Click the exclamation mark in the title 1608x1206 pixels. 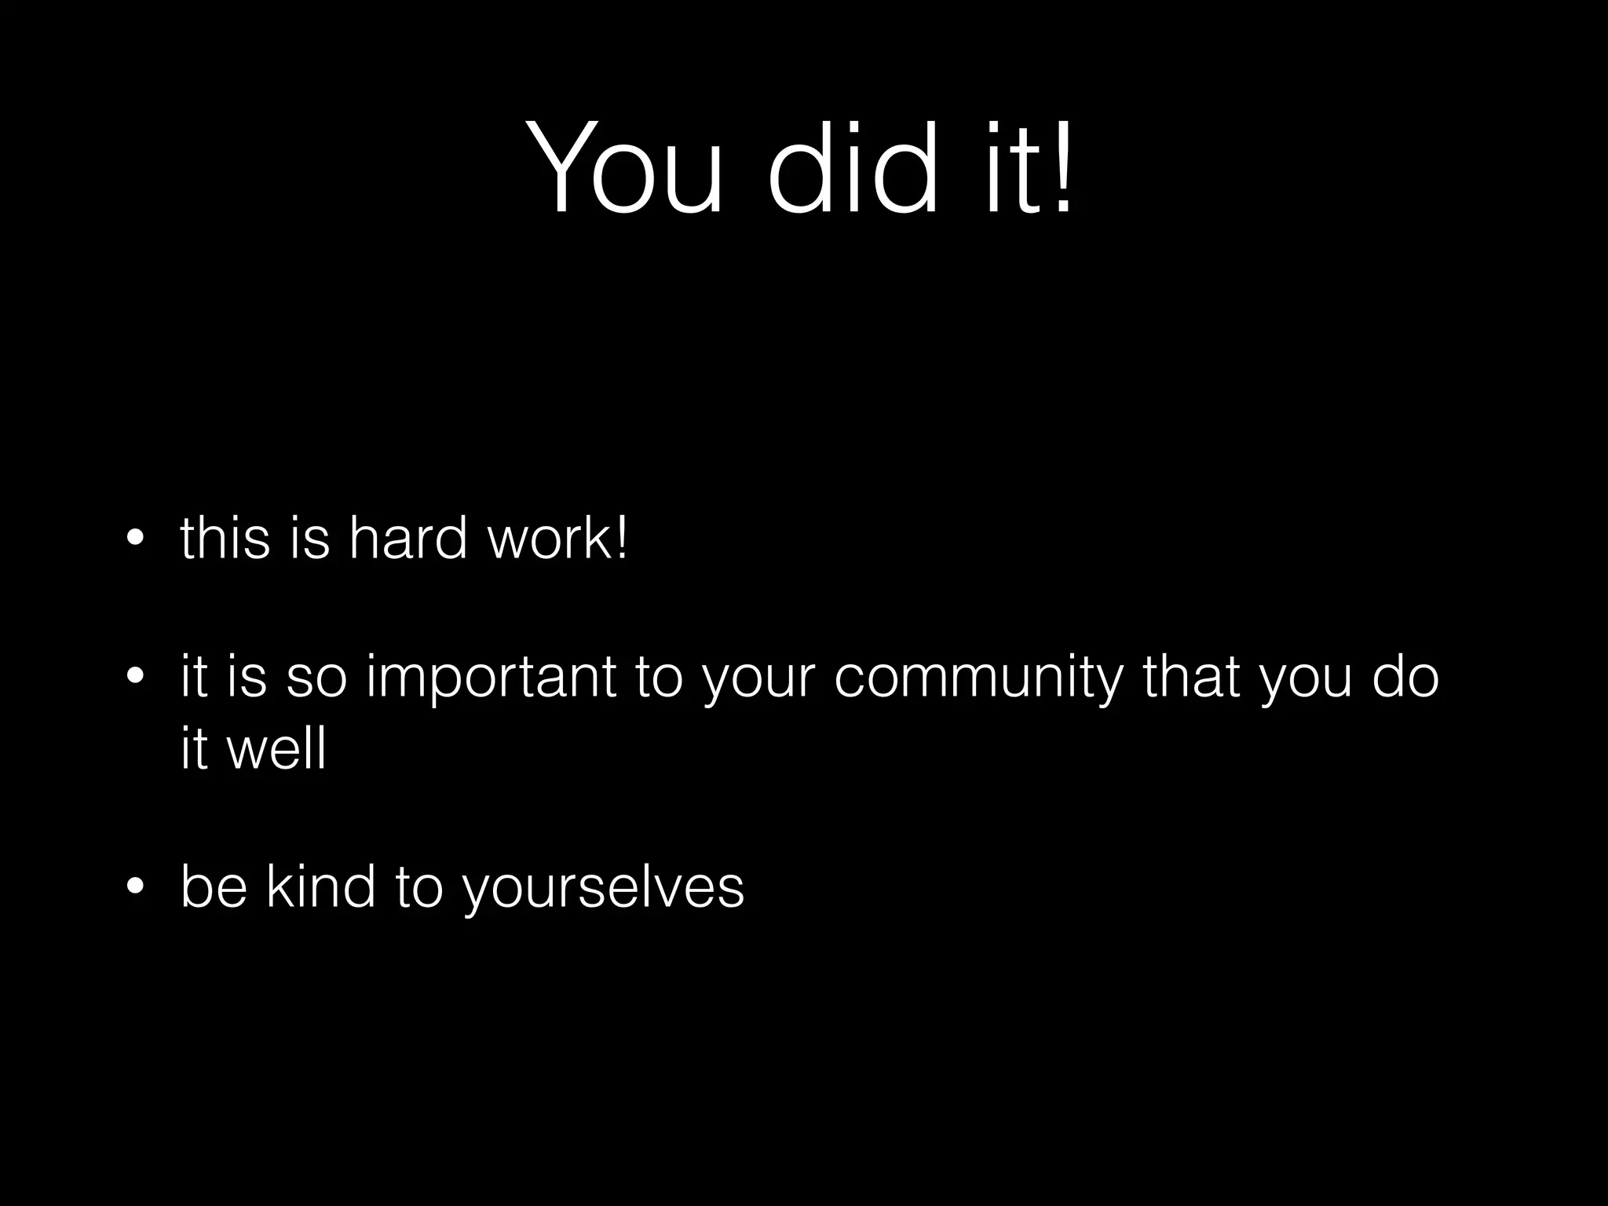(x=1062, y=166)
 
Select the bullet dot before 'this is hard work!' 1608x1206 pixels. (x=135, y=539)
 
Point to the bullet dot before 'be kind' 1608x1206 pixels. (x=135, y=887)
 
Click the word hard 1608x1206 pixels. (x=407, y=539)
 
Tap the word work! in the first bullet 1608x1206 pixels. (x=558, y=539)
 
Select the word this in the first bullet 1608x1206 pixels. (x=225, y=539)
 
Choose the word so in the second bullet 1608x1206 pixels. (x=316, y=678)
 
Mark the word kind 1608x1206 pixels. (x=320, y=887)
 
